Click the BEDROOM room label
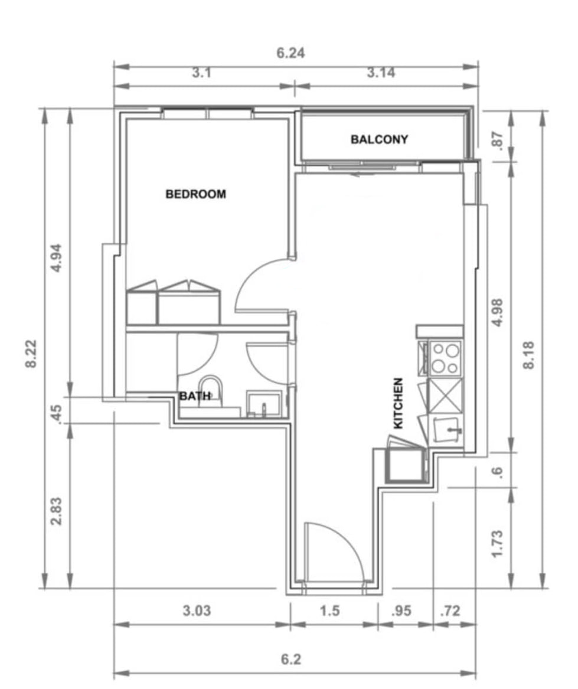click(x=195, y=194)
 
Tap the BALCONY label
click(x=379, y=139)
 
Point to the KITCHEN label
click(x=398, y=403)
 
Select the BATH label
click(x=195, y=396)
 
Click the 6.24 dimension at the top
click(x=290, y=53)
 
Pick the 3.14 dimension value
click(x=381, y=72)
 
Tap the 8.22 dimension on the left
click(x=31, y=354)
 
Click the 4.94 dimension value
click(x=56, y=258)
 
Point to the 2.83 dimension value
click(x=56, y=511)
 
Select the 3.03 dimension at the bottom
click(x=197, y=610)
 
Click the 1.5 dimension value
click(x=329, y=610)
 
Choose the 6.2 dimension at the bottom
click(x=291, y=659)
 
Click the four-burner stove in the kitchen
click(x=445, y=358)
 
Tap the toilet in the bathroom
click(x=211, y=391)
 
